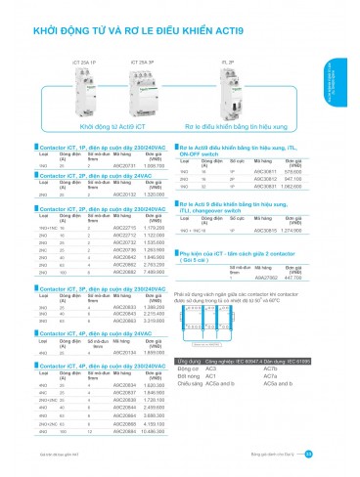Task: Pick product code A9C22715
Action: [x=124, y=228]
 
